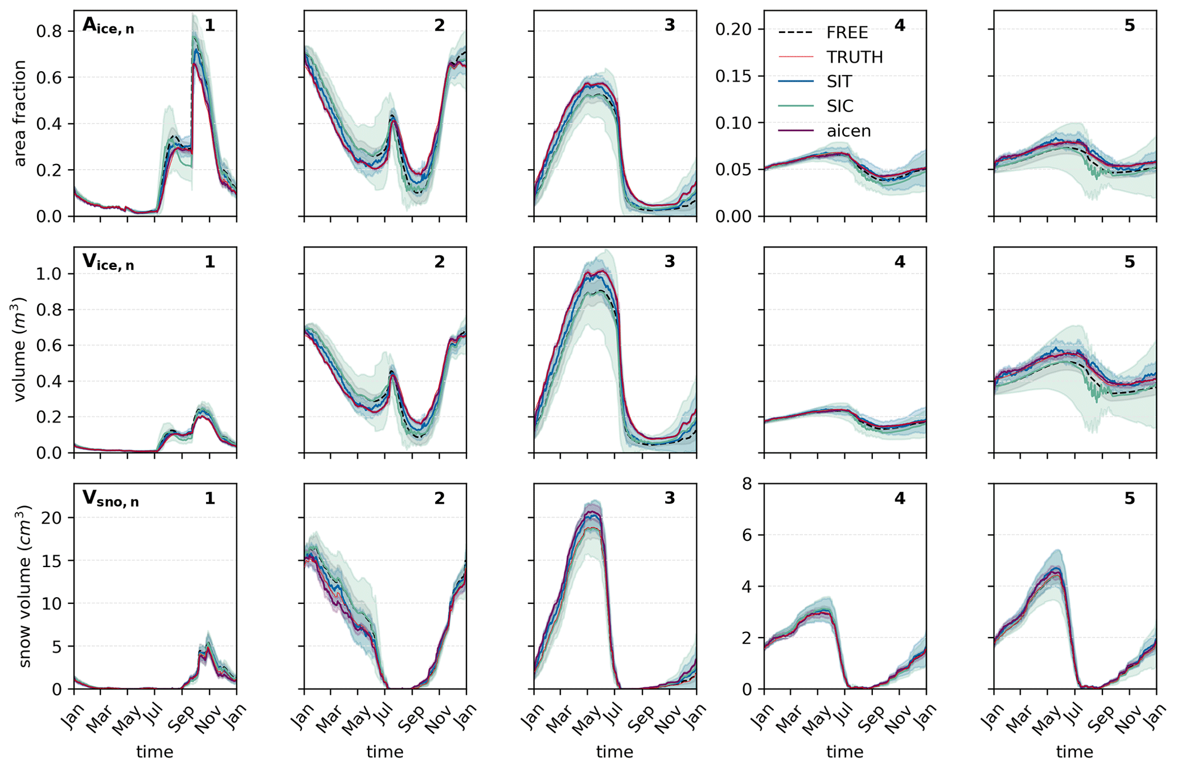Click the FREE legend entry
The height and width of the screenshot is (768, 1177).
click(847, 32)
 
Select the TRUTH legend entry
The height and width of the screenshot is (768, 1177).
click(854, 57)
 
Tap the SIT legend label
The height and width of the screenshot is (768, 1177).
click(839, 81)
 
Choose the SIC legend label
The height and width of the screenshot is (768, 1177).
click(840, 106)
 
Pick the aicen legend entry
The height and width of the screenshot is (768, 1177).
click(848, 131)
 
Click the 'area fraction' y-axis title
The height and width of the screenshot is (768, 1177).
click(20, 113)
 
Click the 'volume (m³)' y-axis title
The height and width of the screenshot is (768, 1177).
click(20, 349)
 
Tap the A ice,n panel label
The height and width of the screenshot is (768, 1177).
click(108, 26)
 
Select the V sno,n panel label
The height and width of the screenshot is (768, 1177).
click(110, 499)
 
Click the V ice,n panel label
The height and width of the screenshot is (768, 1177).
click(108, 262)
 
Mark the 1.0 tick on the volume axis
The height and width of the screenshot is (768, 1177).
click(50, 274)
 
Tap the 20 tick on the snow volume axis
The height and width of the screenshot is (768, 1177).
click(54, 518)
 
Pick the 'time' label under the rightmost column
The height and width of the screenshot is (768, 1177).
click(1075, 752)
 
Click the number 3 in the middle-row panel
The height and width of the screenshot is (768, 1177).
click(669, 262)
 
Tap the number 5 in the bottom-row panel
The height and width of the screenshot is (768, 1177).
click(1129, 499)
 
